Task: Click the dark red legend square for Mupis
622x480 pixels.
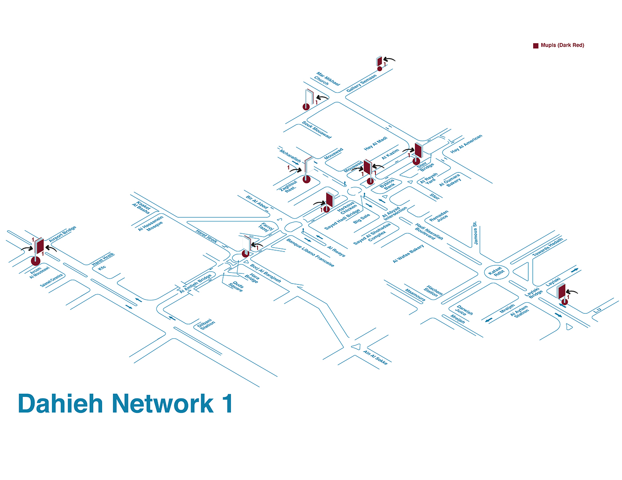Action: tap(536, 45)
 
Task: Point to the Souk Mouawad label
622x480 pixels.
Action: tap(316, 130)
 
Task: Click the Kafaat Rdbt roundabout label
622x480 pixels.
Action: tap(495, 272)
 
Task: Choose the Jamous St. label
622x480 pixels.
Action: tap(475, 233)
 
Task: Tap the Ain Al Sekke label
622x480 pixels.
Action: tap(375, 358)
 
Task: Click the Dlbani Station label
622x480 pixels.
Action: tap(206, 324)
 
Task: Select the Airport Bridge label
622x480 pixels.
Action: tap(63, 234)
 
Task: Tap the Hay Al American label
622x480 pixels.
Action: tap(466, 144)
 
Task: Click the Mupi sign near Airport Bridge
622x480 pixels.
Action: tap(39, 248)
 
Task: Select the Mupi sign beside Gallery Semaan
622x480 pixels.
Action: tap(379, 61)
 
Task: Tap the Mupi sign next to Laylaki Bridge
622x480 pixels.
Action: tap(562, 292)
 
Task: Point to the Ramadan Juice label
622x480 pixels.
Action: tap(439, 216)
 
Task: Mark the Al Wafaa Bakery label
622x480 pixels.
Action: tap(408, 254)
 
